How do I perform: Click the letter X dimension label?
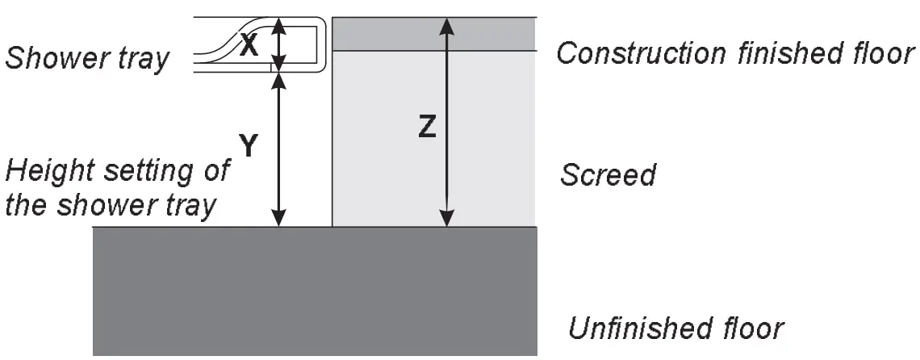click(x=249, y=46)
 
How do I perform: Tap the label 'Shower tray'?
click(x=87, y=58)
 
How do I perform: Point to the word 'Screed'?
click(x=608, y=174)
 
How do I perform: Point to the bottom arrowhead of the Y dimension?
click(x=278, y=218)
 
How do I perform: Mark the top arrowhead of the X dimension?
click(x=278, y=24)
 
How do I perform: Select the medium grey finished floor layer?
click(x=434, y=34)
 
